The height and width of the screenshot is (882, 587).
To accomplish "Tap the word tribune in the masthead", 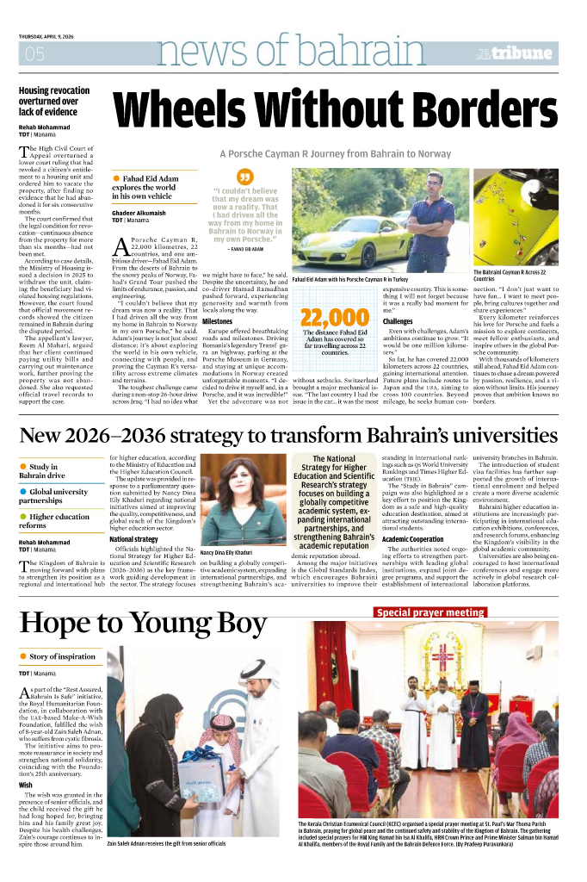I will pos(524,53).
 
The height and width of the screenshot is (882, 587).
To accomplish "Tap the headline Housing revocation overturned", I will pos(54,101).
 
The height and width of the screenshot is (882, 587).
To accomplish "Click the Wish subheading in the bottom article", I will pos(26,785).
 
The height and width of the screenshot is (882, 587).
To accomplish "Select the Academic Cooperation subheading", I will pos(413,539).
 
